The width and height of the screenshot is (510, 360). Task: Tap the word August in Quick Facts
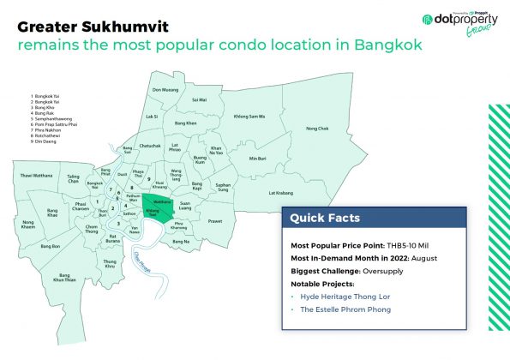(417, 257)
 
